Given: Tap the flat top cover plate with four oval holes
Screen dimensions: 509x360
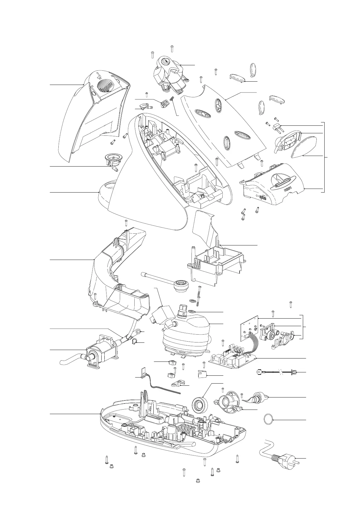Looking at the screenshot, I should point(224,124).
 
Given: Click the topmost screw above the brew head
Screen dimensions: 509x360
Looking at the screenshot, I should point(172,47).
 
